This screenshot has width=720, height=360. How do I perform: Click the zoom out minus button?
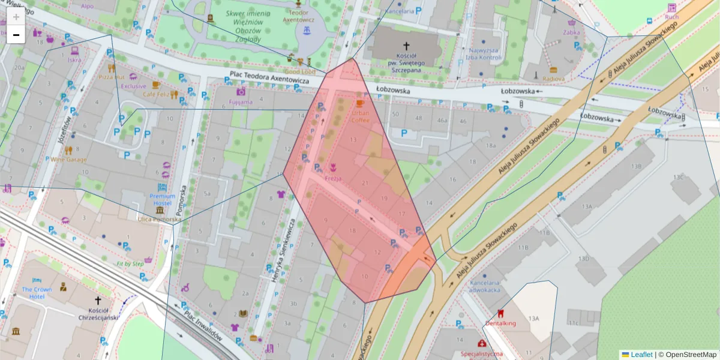16,35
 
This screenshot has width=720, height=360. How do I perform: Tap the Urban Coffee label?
361,116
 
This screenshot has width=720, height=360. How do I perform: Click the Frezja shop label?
333,179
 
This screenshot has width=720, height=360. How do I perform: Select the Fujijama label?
241,102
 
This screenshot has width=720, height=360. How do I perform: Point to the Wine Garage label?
68,160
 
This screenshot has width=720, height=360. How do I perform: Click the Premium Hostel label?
163,199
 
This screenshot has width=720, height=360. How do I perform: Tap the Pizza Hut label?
111,77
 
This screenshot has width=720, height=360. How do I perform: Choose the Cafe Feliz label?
155,95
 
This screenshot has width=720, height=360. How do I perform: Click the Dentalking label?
500,323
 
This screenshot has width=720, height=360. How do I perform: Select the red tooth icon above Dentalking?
500,313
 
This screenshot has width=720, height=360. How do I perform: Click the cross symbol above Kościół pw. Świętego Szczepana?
406,46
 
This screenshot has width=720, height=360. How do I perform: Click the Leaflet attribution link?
641,355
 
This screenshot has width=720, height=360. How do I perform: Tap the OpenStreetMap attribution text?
691,355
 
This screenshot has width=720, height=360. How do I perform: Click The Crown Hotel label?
37,293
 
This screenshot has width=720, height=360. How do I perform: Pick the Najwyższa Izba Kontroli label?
485,54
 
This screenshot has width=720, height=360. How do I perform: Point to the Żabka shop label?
572,33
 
